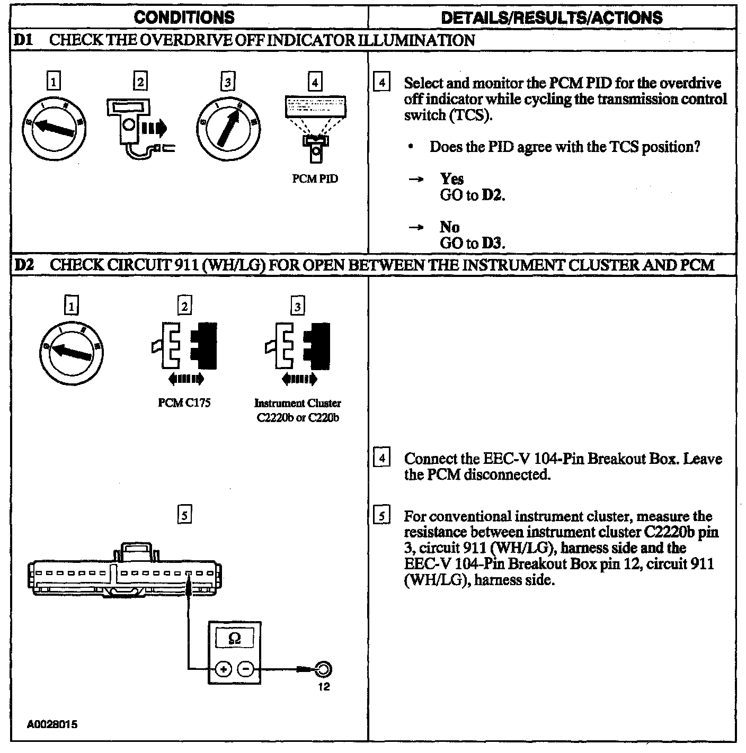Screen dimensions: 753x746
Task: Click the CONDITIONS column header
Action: tap(184, 17)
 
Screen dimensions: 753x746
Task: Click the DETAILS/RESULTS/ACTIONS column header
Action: tap(552, 17)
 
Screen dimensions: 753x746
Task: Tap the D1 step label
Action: tap(23, 40)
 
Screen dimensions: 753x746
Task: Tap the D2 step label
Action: tap(24, 264)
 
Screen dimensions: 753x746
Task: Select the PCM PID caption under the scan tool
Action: tap(315, 179)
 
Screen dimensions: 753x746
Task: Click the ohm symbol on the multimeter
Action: tap(234, 639)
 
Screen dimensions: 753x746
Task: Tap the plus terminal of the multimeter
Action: tap(223, 669)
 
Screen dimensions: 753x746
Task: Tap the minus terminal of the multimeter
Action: tap(245, 669)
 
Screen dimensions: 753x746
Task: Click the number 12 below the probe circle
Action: tap(324, 687)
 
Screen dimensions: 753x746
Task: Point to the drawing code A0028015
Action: tap(52, 724)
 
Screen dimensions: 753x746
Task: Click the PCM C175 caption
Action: tap(184, 403)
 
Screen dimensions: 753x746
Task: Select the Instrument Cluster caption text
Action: tap(298, 404)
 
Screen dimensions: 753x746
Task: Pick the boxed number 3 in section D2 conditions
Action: tap(298, 306)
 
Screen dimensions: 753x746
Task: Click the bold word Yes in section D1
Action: tap(451, 179)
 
